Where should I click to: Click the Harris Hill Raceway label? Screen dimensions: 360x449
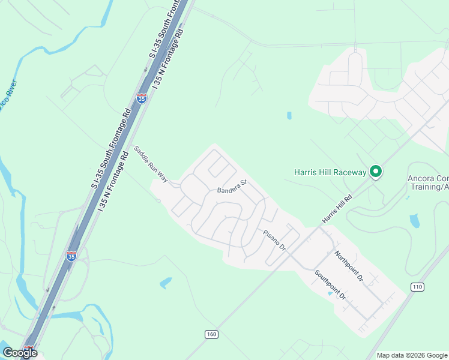tap(330, 172)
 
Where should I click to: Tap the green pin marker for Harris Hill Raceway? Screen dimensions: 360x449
tap(376, 172)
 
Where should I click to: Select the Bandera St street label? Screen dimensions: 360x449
tap(232, 187)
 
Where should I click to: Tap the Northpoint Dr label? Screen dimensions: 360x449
tap(349, 266)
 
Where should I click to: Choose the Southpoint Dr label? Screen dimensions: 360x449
tap(331, 285)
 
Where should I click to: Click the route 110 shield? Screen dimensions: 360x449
tap(417, 287)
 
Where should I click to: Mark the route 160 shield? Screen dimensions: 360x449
tap(211, 334)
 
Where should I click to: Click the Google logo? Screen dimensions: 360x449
tap(20, 353)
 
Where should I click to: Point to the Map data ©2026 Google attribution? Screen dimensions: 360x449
tap(412, 355)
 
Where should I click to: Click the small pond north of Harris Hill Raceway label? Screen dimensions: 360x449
tap(289, 115)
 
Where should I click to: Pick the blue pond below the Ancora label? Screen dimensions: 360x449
tap(414, 220)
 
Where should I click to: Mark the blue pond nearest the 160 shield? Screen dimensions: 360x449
tap(166, 282)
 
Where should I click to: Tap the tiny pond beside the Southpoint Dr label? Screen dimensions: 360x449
tap(330, 294)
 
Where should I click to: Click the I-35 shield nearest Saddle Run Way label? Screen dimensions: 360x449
tap(142, 98)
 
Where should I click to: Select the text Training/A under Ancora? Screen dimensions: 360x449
tap(427, 187)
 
